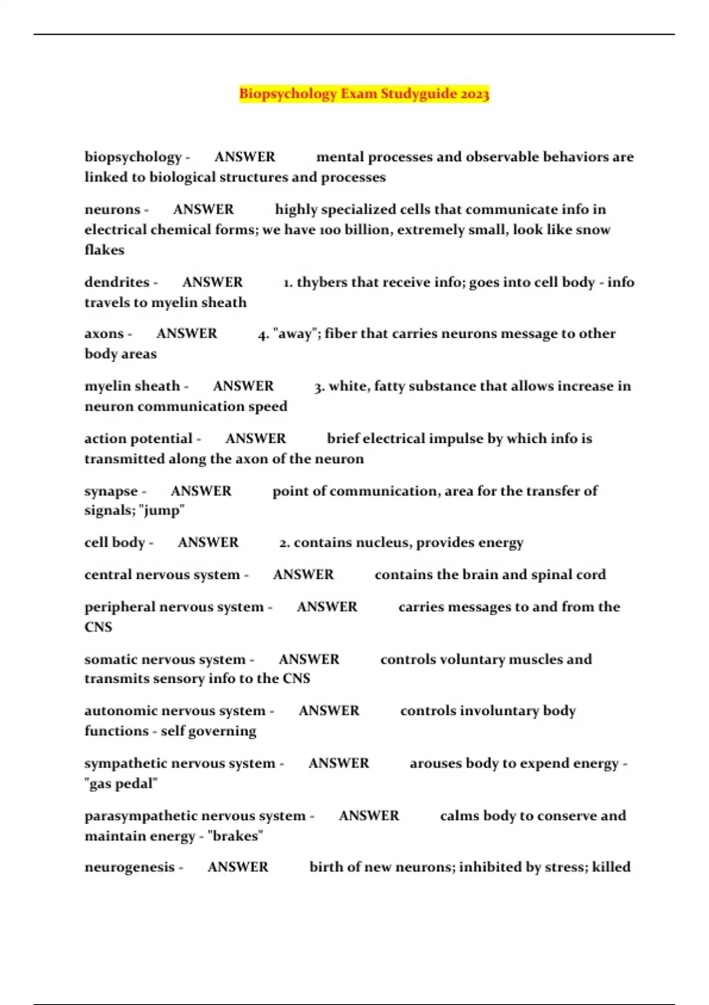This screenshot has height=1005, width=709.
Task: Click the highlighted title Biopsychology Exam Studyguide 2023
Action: pos(364,94)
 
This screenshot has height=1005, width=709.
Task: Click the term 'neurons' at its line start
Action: pos(112,209)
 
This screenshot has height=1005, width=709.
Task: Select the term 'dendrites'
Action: pos(117,282)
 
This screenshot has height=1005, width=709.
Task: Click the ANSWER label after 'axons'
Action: pos(187,334)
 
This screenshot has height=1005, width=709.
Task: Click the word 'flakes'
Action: pos(105,250)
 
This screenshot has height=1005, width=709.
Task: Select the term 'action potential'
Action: pos(138,439)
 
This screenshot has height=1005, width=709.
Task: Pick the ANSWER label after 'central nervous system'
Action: pos(303,575)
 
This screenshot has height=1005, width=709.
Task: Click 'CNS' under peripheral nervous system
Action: pos(98,627)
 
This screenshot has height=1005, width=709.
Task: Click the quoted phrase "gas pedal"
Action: pos(121,784)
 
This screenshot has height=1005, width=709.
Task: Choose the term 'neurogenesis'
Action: pos(129,867)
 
